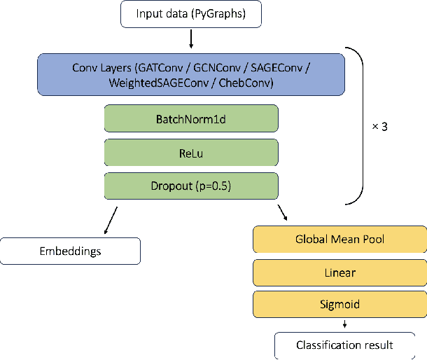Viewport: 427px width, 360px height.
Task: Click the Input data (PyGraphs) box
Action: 190,14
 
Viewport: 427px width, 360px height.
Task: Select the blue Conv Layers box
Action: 190,74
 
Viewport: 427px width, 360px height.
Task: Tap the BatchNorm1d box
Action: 191,118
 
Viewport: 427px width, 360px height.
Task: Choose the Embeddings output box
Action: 70,251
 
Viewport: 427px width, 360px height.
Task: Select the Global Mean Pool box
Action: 339,240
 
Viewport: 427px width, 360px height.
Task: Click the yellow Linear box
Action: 339,272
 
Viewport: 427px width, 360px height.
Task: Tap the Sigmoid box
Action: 339,305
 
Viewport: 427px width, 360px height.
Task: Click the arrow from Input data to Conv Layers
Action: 190,39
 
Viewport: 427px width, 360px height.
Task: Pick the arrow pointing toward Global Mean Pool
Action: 283,212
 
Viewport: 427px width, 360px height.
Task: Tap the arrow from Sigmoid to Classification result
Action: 344,324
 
